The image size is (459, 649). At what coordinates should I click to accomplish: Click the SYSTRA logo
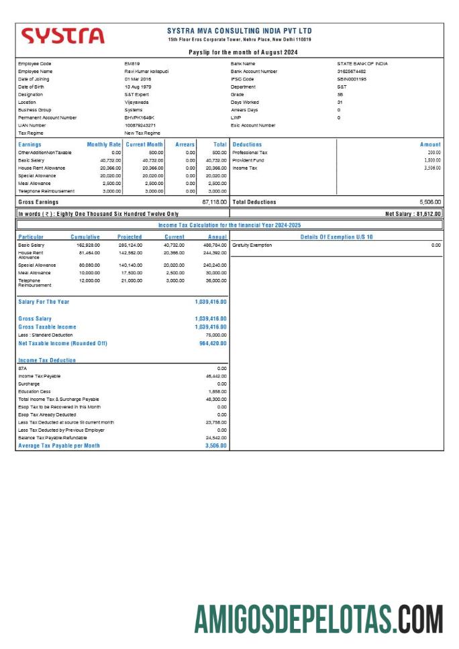63,36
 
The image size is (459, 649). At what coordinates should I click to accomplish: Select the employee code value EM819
132,64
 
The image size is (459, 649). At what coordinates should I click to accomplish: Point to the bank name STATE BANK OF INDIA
362,64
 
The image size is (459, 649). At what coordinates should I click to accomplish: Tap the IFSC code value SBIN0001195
352,79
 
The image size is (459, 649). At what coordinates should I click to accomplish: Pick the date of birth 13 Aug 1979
138,87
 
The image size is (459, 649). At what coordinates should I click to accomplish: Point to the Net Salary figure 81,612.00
413,214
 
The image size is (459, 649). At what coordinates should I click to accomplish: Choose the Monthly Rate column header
104,145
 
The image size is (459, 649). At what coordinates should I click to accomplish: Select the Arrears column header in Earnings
185,145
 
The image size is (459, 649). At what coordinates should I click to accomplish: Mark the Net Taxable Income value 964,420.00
213,343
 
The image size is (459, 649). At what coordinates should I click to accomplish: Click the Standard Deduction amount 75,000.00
215,335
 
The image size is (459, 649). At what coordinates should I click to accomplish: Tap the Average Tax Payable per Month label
59,446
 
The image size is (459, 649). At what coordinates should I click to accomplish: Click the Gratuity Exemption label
252,245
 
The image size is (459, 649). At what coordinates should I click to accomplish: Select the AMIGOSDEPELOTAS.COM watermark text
319,619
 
